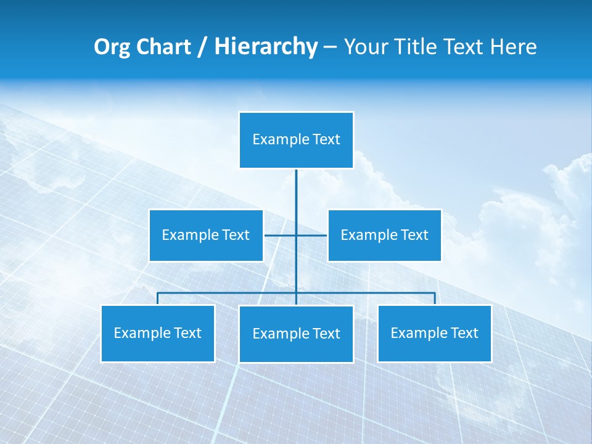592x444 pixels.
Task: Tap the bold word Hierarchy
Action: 266,47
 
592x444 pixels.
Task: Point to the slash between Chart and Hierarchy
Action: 202,47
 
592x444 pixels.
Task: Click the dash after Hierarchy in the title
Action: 330,47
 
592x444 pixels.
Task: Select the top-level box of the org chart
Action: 296,140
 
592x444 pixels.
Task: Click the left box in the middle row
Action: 206,236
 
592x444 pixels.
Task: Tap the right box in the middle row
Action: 384,236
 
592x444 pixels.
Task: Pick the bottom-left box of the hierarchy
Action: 158,334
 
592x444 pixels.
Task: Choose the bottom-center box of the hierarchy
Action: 296,334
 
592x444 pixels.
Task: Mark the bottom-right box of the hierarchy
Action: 434,334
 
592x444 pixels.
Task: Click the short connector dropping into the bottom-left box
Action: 158,298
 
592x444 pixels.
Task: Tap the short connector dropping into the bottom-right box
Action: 435,298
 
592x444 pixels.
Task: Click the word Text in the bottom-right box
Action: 464,334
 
